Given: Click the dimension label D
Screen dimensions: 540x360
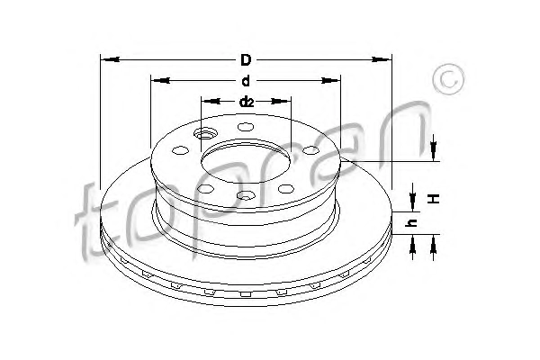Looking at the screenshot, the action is click(x=246, y=60).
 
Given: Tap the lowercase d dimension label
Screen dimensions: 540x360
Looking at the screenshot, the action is click(x=246, y=81).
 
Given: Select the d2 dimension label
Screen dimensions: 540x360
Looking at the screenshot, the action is click(x=247, y=102).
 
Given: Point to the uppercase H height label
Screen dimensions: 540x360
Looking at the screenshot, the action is click(x=435, y=198).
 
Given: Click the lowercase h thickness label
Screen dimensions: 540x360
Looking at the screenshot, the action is click(x=412, y=223).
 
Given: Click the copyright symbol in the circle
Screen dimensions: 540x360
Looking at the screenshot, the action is click(x=449, y=79).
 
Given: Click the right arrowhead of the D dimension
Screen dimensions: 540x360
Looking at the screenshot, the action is click(x=382, y=59).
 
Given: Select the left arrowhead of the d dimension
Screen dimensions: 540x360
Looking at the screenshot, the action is click(x=160, y=81).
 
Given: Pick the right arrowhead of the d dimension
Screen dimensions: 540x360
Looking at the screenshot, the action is click(x=330, y=81).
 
